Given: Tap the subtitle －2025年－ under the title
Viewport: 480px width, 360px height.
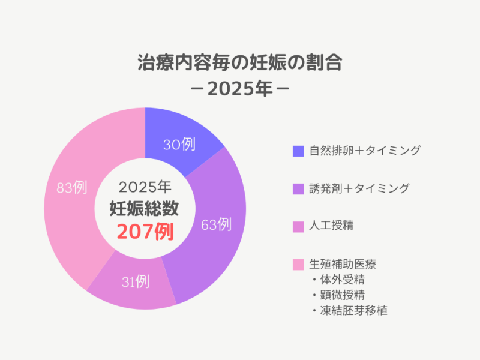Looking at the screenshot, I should [239, 89].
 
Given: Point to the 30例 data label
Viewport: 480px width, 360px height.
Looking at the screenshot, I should [179, 145].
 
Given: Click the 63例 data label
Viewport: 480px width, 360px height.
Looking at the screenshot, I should [216, 225].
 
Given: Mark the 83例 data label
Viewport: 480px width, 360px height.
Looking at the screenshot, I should [71, 188].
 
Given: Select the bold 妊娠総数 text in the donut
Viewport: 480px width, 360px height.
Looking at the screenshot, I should [145, 208].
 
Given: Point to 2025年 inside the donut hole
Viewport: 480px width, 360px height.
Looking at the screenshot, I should [145, 186].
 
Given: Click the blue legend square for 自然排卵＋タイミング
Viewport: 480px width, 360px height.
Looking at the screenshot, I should [298, 151].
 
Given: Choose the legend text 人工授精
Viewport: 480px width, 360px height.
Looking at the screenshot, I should [331, 226].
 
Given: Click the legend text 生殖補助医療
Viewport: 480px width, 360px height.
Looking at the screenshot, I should [342, 264].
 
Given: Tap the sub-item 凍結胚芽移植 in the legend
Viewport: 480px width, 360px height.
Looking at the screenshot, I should [354, 311].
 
